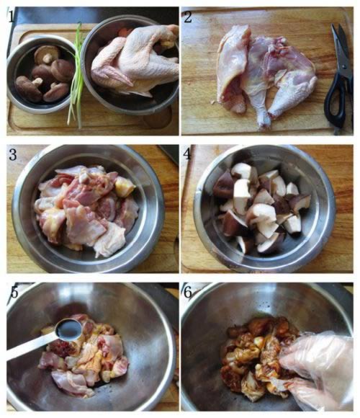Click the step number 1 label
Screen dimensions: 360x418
coord(11,17)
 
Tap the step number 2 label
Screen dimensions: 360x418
coord(188,17)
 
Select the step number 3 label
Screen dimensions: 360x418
coord(13,155)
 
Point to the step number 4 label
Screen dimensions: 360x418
coord(187,154)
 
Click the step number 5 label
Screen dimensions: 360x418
coord(14,292)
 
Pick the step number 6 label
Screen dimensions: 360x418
coord(188,293)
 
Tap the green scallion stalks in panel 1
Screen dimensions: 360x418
coord(76,76)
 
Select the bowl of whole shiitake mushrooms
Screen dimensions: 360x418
coord(42,74)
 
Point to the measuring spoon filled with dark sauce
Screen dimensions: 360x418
coord(68,330)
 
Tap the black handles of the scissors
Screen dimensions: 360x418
coord(338,102)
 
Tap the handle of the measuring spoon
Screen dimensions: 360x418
coord(31,347)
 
